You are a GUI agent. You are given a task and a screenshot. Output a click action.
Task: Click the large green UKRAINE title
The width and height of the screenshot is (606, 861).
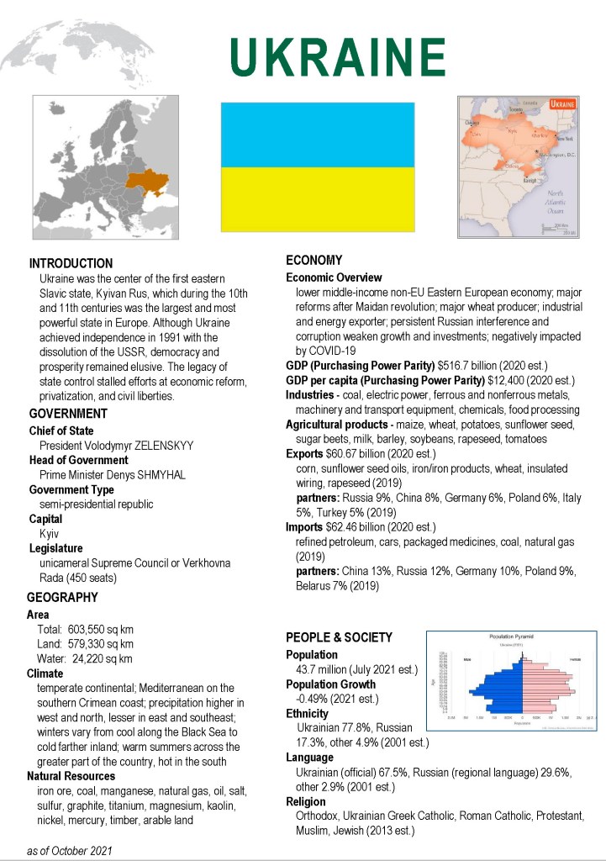pyautogui.click(x=337, y=56)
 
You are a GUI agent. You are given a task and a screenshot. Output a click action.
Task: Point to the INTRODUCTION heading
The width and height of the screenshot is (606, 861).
pyautogui.click(x=71, y=263)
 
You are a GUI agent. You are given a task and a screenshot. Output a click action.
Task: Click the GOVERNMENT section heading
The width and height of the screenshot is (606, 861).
pyautogui.click(x=68, y=414)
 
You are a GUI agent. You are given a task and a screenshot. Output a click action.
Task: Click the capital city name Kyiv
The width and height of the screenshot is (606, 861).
pyautogui.click(x=49, y=534)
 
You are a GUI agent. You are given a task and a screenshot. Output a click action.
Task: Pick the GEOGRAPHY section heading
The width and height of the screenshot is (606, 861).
pyautogui.click(x=62, y=598)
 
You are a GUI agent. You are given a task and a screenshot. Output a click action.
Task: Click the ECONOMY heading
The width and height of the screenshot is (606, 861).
pyautogui.click(x=314, y=260)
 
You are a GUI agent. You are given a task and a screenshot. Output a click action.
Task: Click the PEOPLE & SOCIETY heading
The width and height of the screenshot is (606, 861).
pyautogui.click(x=339, y=637)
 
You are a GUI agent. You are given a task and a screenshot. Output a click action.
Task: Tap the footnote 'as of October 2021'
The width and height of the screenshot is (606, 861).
pyautogui.click(x=69, y=851)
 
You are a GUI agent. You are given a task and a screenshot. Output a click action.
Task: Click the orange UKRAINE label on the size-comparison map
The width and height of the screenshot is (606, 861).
pyautogui.click(x=561, y=103)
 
